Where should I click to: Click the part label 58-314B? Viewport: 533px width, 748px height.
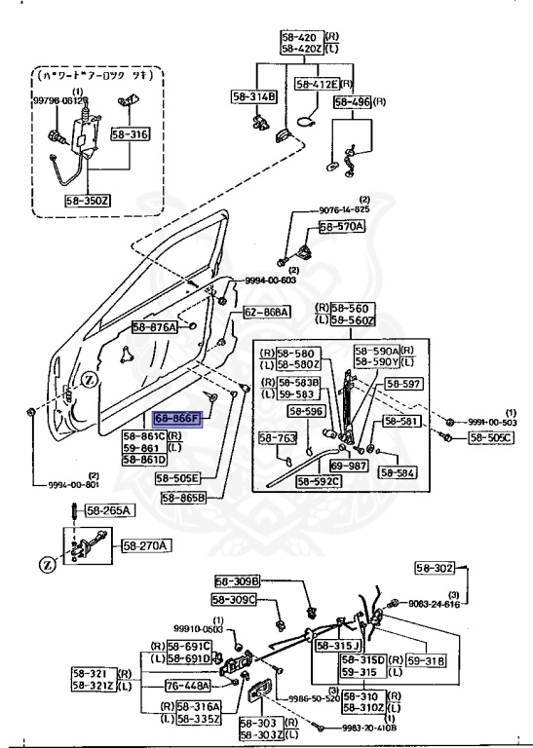click(253, 96)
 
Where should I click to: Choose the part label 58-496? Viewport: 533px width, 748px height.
click(354, 101)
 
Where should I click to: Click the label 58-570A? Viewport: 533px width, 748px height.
click(341, 227)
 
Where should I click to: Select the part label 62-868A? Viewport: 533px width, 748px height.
click(266, 312)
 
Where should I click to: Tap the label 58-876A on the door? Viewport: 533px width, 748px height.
click(154, 328)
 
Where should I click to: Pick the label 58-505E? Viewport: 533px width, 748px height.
click(177, 478)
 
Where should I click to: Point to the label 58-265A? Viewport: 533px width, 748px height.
click(109, 509)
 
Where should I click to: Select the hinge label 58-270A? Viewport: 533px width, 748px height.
click(145, 546)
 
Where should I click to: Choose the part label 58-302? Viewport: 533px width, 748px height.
click(436, 568)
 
